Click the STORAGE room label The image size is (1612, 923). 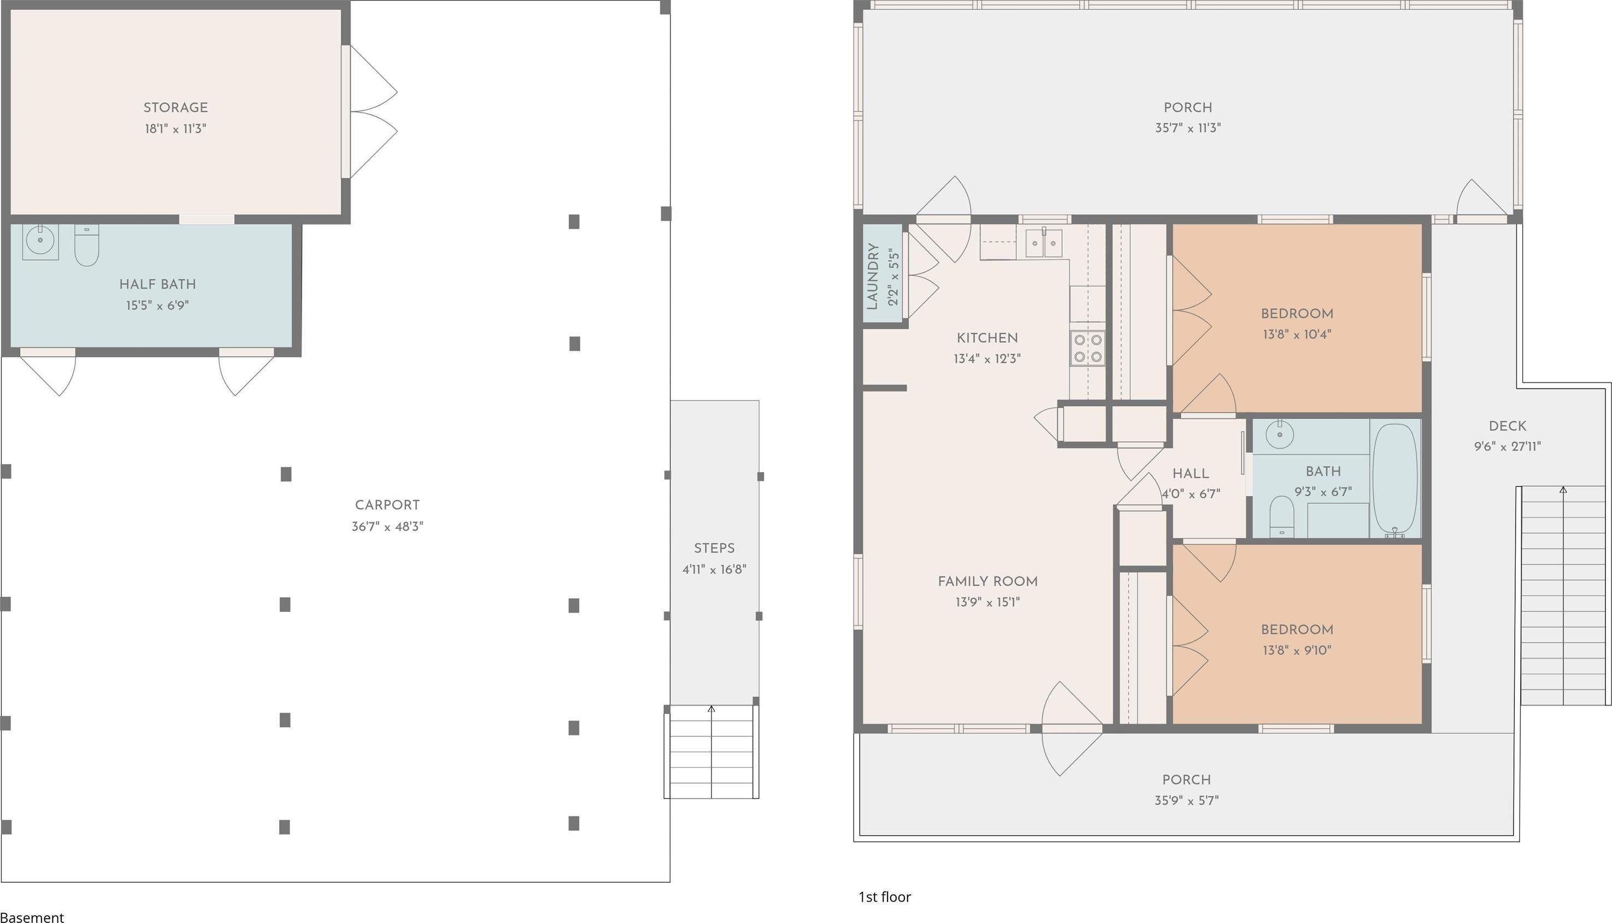[x=175, y=108]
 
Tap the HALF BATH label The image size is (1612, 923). [x=158, y=284]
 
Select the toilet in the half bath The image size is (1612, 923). [x=87, y=245]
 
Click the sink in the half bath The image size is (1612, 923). [x=40, y=242]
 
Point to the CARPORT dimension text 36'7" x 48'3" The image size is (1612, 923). [x=387, y=526]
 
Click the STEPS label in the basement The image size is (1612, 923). [x=714, y=548]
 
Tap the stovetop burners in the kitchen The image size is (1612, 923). [x=1088, y=348]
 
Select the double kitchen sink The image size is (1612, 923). [x=1044, y=243]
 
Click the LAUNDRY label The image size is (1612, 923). [x=872, y=277]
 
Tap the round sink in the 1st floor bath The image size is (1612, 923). [x=1280, y=434]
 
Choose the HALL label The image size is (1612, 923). [x=1191, y=474]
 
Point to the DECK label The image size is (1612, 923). [x=1508, y=426]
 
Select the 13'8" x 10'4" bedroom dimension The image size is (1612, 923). [x=1297, y=334]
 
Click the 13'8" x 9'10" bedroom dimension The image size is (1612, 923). [x=1297, y=650]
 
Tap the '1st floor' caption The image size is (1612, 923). [x=885, y=897]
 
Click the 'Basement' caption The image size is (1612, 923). [x=32, y=916]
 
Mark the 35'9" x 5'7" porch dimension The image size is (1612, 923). [x=1187, y=800]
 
